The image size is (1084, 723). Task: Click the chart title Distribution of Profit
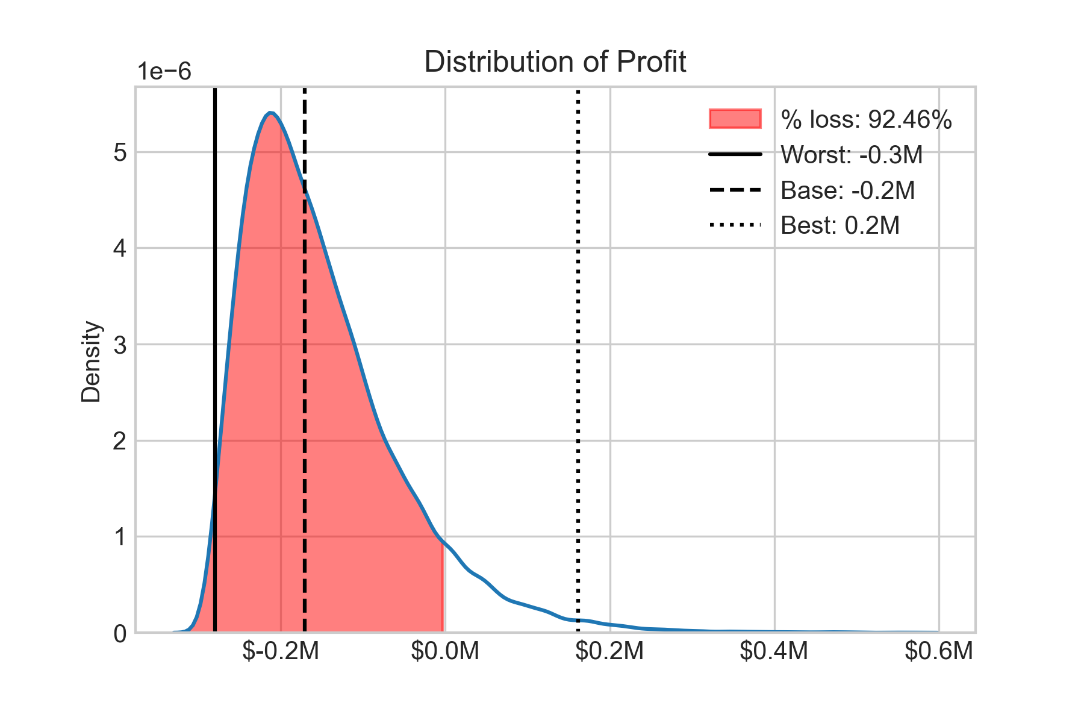point(555,62)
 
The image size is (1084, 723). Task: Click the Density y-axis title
point(92,361)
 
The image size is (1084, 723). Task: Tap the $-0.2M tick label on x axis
point(281,651)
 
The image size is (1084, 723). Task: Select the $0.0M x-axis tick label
point(445,651)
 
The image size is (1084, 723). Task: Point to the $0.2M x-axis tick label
point(609,651)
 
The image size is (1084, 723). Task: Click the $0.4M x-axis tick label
point(774,651)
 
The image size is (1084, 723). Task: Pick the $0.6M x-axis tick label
point(939,651)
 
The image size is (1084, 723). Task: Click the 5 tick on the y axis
point(120,152)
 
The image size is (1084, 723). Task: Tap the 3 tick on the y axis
point(120,345)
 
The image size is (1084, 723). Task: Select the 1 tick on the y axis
point(120,537)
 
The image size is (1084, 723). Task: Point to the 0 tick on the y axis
point(120,633)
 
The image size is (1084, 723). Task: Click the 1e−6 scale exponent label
point(164,72)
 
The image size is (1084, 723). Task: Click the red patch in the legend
point(735,119)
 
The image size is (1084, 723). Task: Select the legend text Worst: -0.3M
point(852,155)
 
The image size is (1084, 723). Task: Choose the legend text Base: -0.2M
point(847,190)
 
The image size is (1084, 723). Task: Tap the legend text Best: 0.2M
point(840,225)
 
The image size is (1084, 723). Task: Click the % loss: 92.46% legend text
point(866,119)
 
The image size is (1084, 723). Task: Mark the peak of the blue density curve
point(270,113)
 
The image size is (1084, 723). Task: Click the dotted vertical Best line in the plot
point(578,361)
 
